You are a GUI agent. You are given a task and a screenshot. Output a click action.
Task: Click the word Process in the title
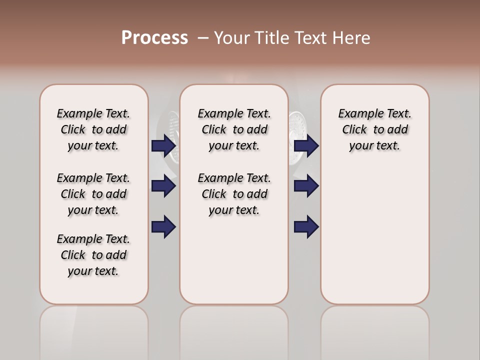(x=154, y=38)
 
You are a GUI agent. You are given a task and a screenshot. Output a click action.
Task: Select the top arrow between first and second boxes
(x=163, y=146)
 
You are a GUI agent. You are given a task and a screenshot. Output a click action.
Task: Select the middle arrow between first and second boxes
(x=163, y=186)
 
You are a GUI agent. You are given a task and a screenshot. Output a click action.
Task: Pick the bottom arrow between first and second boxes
(x=163, y=226)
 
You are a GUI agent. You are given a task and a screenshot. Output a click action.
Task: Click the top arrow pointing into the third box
(x=306, y=146)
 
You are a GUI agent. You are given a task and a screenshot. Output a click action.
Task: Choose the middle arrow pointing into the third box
(x=306, y=186)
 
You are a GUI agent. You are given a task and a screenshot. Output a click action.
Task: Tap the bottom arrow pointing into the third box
(x=306, y=226)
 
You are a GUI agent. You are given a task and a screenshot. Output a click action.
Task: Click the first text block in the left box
(x=93, y=129)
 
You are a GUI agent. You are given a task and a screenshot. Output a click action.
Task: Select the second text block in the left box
(x=93, y=194)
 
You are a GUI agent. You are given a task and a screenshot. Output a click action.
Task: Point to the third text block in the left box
(x=93, y=255)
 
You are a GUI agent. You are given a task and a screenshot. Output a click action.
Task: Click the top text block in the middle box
(x=234, y=129)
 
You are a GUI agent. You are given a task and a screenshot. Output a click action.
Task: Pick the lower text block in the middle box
(x=234, y=194)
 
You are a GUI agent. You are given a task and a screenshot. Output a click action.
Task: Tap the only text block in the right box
(x=374, y=129)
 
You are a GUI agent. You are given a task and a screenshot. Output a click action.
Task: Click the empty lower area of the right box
(x=374, y=240)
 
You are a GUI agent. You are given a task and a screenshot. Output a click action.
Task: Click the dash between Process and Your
(x=203, y=38)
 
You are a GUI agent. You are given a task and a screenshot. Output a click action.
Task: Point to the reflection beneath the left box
(x=93, y=325)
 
